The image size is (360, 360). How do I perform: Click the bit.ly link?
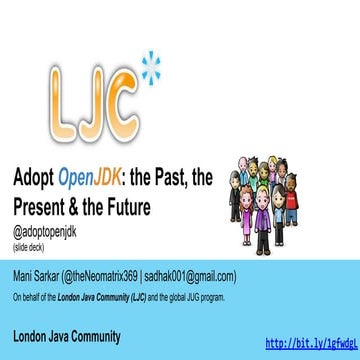point(311,343)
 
